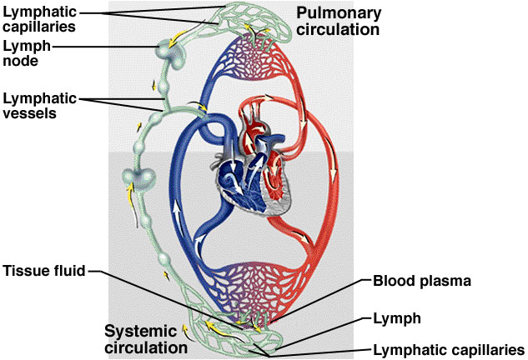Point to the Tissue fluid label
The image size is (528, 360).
(43, 271)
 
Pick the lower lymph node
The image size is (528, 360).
(138, 179)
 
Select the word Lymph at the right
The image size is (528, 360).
(395, 318)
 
